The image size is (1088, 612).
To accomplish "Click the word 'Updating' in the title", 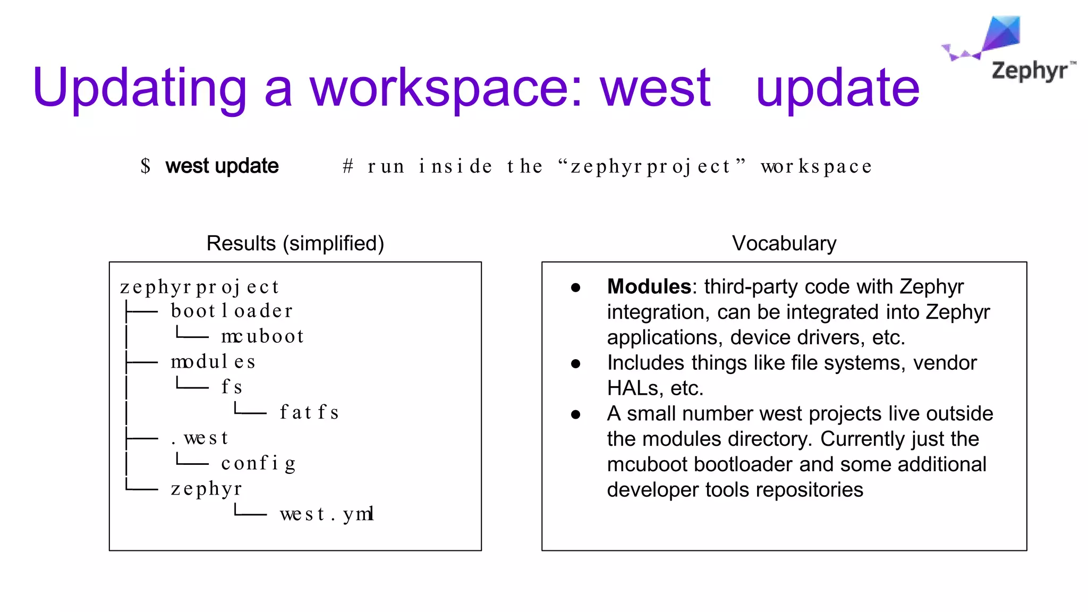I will point(139,88).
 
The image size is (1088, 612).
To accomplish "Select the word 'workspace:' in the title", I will point(446,88).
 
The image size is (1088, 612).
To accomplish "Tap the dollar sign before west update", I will point(146,166).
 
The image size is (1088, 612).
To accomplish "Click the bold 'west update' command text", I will point(222,166).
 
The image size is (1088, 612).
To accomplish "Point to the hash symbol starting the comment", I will point(348,166).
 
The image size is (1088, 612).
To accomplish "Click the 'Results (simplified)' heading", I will point(295,243).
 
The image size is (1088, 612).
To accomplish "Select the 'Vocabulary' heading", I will point(784,243).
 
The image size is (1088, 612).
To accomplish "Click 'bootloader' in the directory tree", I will point(232,311).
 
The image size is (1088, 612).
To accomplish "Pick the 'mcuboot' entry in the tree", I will point(262,336).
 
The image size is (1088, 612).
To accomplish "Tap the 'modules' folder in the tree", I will point(213,362).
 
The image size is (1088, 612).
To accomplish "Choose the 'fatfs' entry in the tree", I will point(309,412).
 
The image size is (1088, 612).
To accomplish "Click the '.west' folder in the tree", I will point(200,438).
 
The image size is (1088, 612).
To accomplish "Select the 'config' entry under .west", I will point(258,463).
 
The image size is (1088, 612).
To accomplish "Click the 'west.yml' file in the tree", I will point(327,514).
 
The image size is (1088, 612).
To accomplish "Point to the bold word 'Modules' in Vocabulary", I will point(649,287).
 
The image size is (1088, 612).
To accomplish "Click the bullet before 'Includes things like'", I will point(575,364).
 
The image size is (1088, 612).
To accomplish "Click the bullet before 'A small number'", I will point(575,414).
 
